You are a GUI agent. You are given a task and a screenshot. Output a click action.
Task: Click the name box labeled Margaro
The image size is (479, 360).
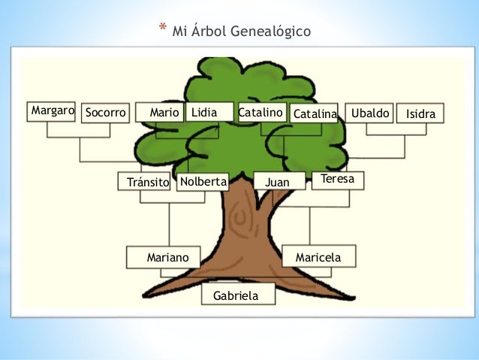[52, 111]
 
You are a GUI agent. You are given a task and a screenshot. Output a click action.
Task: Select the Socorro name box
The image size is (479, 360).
[105, 113]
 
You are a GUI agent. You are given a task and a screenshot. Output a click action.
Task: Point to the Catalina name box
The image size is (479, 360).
[315, 113]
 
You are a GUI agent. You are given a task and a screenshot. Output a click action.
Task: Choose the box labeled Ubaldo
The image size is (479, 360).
[369, 112]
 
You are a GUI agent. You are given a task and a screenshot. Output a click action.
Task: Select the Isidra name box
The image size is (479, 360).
[420, 113]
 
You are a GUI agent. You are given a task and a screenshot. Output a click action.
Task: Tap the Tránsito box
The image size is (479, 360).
[145, 183]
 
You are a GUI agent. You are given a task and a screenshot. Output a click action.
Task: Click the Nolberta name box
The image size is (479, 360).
[203, 182]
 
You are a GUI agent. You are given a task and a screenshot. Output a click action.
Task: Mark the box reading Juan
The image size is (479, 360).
[280, 182]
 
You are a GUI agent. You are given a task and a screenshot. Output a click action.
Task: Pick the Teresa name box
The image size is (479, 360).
[338, 180]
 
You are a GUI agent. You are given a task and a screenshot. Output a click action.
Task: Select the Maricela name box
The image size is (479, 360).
[318, 257]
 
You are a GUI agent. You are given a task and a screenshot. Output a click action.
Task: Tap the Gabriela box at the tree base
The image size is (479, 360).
[238, 295]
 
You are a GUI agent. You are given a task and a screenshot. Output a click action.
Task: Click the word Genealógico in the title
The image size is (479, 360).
[263, 32]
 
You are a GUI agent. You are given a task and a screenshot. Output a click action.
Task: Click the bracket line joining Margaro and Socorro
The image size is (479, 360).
[78, 137]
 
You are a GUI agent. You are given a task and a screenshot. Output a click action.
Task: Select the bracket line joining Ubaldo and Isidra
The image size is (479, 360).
[394, 135]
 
